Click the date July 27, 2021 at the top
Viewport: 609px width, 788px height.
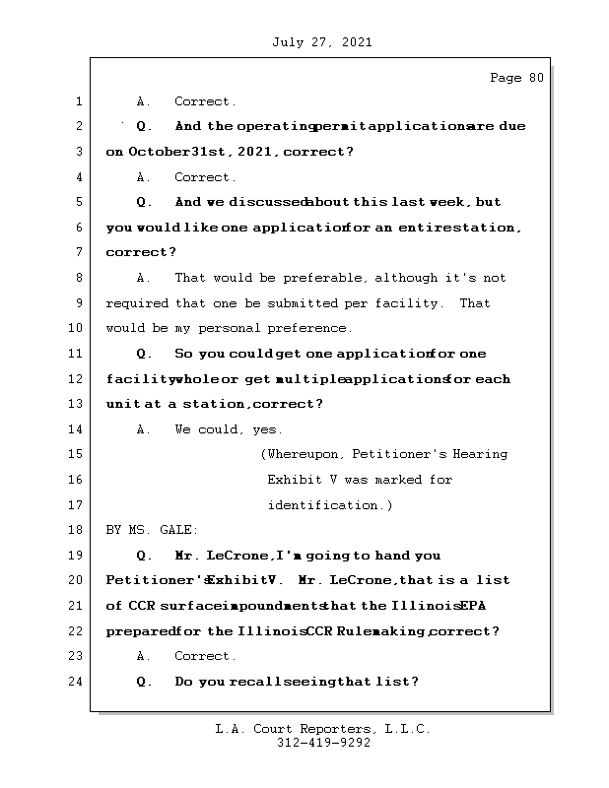coord(321,42)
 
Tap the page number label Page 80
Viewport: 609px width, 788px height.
coord(516,78)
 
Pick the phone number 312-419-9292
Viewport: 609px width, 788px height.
coord(323,744)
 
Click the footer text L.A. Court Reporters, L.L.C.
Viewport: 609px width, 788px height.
coord(323,730)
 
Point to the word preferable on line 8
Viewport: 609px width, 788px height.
coord(325,279)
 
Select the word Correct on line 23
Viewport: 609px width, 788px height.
coord(204,656)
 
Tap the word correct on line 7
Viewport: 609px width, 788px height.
coord(137,253)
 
